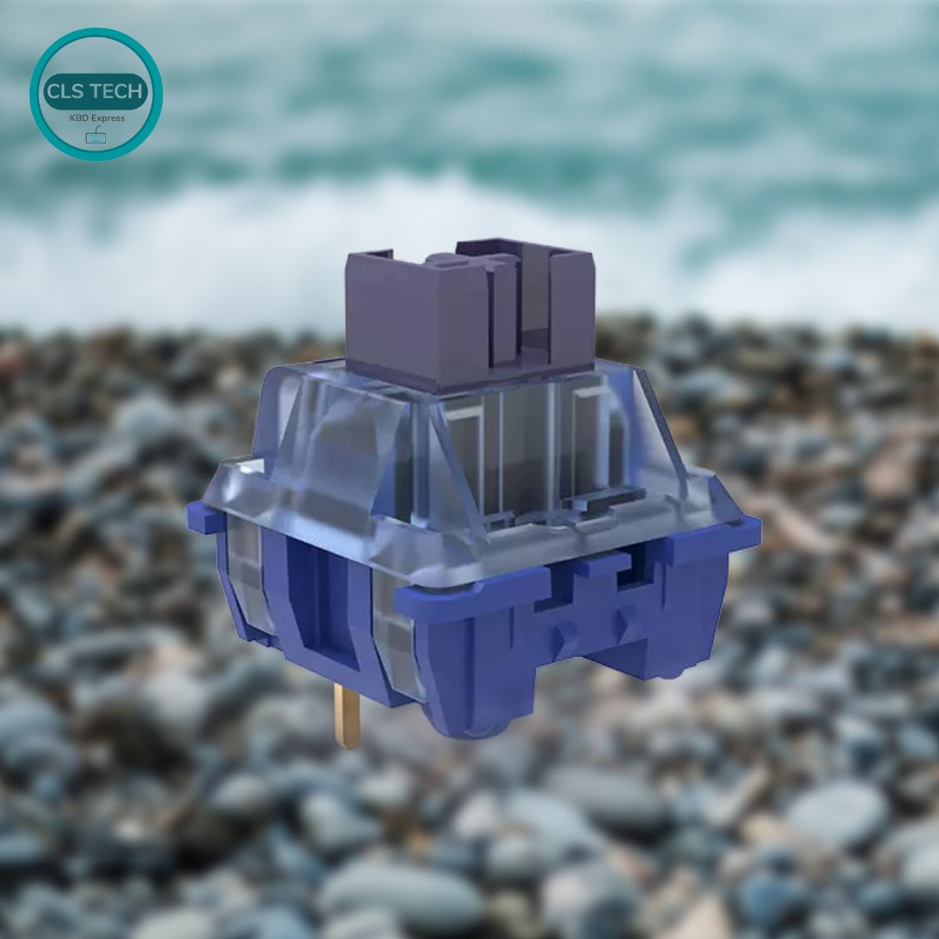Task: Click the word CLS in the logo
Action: [x=63, y=91]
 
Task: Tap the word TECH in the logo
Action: [x=115, y=91]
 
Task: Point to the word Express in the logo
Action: [x=108, y=118]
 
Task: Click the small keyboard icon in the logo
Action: [x=96, y=136]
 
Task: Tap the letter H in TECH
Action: [x=136, y=91]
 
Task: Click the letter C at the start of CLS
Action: [x=52, y=91]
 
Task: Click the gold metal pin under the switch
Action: [x=346, y=715]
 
